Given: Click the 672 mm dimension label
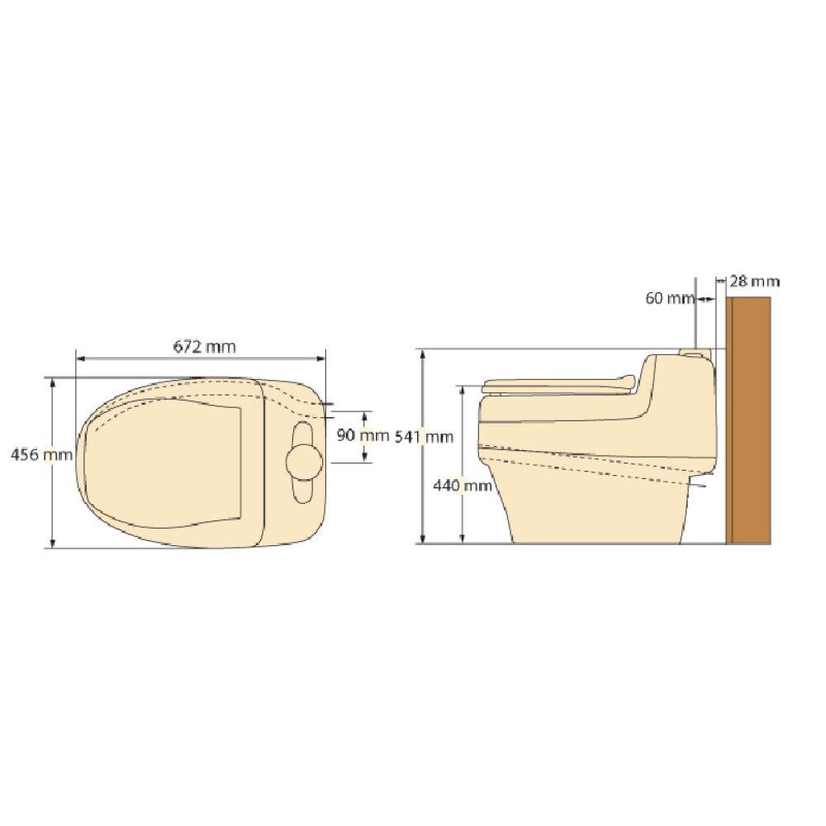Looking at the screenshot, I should (204, 347).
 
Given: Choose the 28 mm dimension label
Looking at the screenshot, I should (755, 281).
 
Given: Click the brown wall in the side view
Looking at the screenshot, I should (748, 421).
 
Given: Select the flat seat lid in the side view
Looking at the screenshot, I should (558, 384).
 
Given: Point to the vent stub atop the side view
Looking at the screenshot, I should (695, 353).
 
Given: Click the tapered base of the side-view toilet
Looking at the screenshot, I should (595, 504).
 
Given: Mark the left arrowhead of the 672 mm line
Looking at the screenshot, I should (78, 358).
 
